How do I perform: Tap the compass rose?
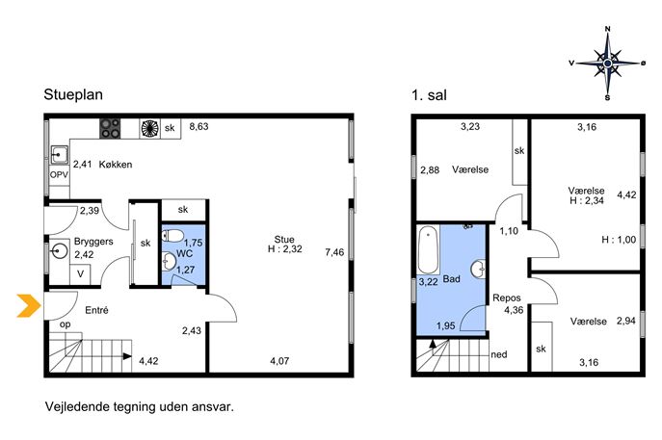[x=607, y=64]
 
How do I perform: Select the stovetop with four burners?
[x=110, y=128]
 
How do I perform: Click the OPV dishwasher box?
[x=59, y=174]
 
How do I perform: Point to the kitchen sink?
[x=60, y=155]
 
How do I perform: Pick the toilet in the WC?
[x=173, y=235]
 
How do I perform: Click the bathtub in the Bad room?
[x=428, y=250]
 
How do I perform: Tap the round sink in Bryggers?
[x=59, y=250]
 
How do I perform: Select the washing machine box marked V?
[x=80, y=274]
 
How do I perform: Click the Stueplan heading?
[x=73, y=94]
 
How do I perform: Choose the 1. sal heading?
[x=429, y=95]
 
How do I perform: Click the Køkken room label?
[x=116, y=165]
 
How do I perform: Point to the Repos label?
[x=507, y=298]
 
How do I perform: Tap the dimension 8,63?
[x=199, y=126]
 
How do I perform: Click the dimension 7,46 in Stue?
[x=334, y=252]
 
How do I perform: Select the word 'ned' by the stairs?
[x=499, y=354]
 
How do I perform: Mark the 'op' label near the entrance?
[x=65, y=324]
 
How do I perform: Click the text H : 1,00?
[x=619, y=240]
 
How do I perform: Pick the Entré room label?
[x=96, y=310]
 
